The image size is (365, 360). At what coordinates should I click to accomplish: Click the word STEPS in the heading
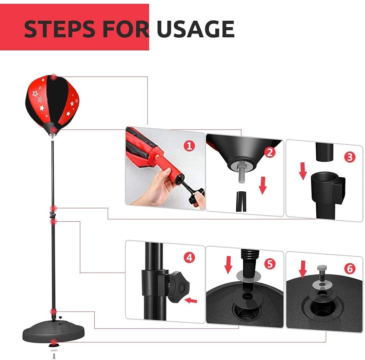[x=60, y=29]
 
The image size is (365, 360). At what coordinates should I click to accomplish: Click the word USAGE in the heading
[x=196, y=29]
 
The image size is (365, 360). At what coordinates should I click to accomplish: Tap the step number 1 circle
[x=189, y=146]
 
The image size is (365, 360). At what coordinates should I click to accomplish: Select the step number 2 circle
[x=270, y=152]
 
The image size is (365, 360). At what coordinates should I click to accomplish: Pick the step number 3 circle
[x=350, y=157]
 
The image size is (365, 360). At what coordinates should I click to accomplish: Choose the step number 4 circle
[x=189, y=258]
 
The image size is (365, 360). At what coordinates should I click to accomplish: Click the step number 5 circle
[x=270, y=264]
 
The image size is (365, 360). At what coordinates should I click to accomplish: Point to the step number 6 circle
[x=350, y=269]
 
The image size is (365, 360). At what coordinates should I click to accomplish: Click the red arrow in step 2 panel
[x=263, y=186]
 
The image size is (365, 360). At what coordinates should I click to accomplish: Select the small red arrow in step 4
[x=191, y=301]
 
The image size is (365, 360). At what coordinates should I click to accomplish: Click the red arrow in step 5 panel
[x=228, y=265]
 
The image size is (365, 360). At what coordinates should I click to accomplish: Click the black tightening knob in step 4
[x=179, y=287]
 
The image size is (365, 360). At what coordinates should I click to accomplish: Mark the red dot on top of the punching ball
[x=54, y=77]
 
